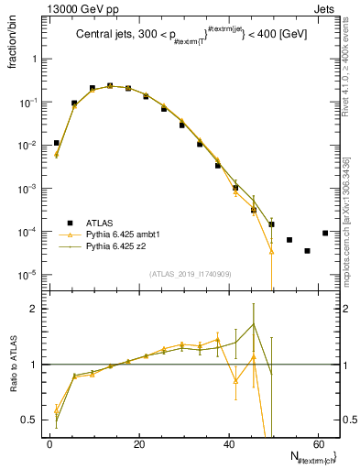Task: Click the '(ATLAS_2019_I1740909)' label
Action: click(x=191, y=273)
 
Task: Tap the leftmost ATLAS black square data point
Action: click(x=56, y=143)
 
